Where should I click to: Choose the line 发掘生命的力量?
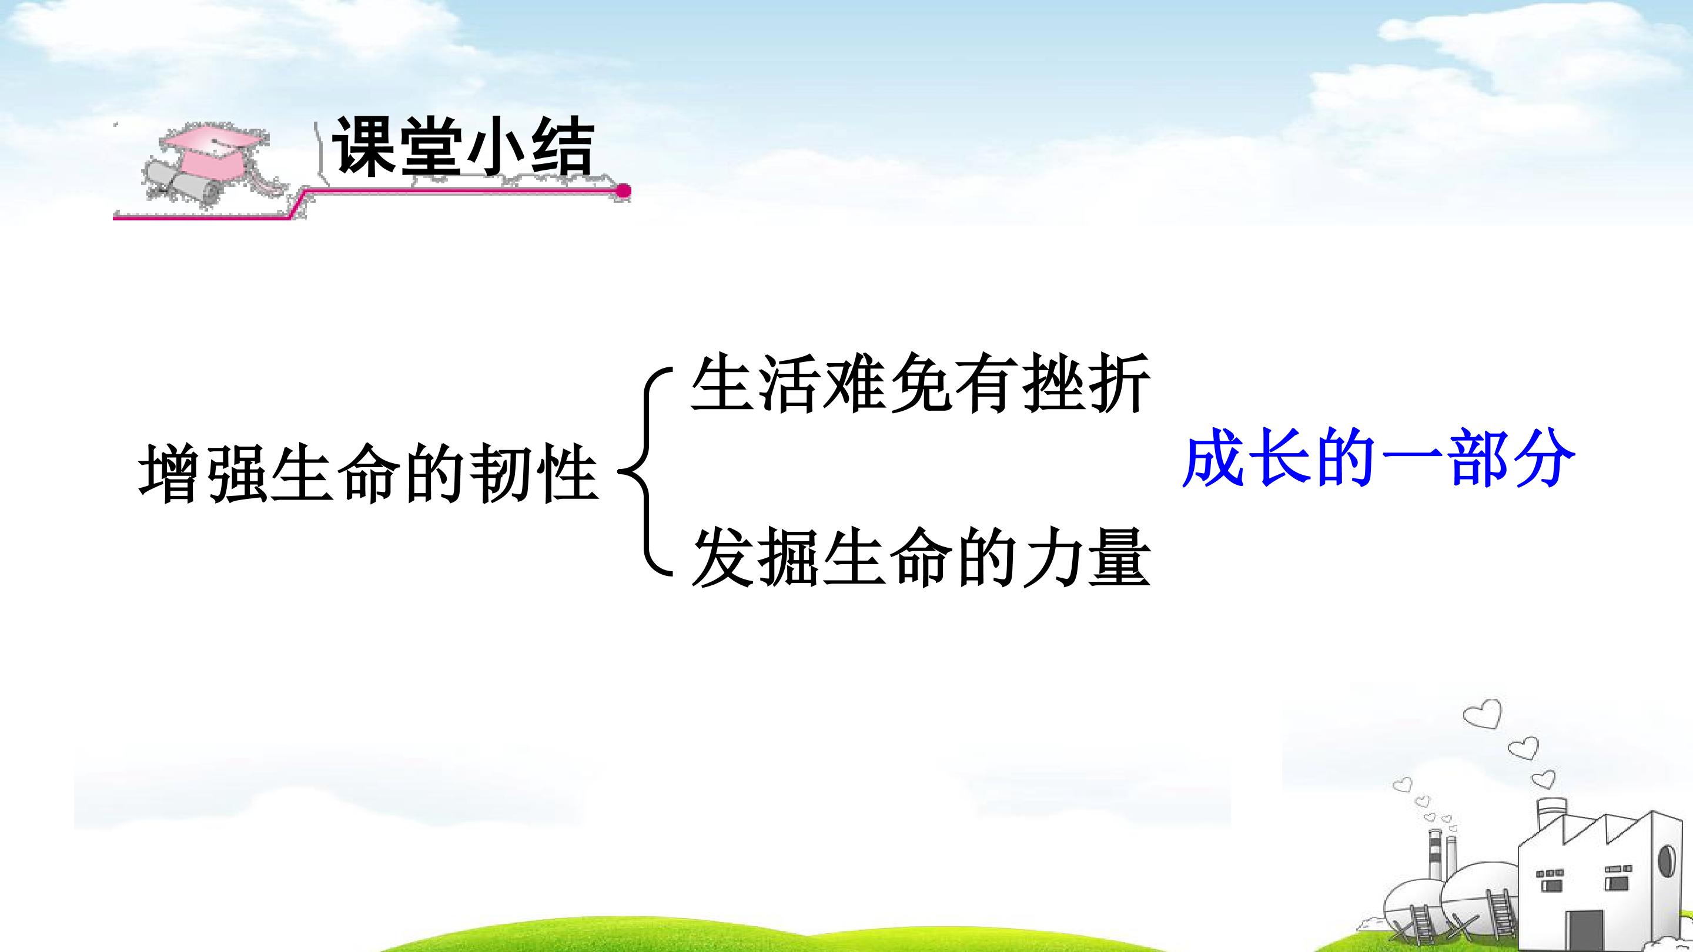pyautogui.click(x=921, y=558)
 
